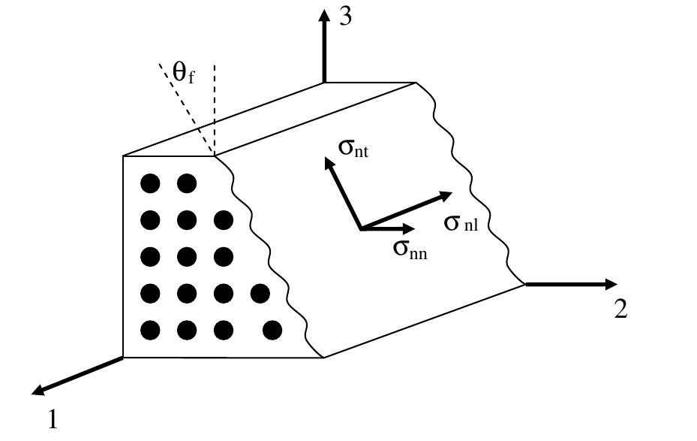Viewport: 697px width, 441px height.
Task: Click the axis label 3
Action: pos(345,17)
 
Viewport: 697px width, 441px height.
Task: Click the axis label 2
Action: pos(620,309)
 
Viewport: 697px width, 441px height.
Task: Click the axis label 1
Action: pos(53,418)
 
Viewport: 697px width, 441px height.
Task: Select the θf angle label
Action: pos(183,73)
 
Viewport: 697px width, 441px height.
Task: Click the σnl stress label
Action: pos(461,222)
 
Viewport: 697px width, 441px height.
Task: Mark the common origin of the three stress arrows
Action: pos(361,228)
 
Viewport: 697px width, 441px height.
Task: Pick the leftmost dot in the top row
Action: pos(151,183)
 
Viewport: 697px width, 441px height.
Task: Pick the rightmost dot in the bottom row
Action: pos(272,330)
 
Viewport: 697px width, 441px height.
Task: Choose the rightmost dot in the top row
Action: pos(187,183)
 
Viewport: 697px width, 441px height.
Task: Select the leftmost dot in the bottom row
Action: pos(151,330)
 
